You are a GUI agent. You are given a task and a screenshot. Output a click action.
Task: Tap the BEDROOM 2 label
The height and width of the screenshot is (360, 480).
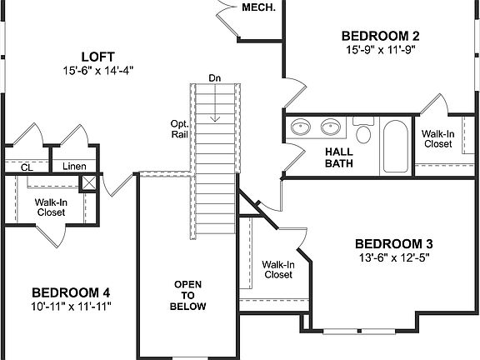coord(380,35)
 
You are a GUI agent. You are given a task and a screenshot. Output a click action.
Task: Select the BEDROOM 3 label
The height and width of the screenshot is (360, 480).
coord(393,243)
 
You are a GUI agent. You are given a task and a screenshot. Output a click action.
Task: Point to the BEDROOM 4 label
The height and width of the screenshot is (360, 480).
coord(71,292)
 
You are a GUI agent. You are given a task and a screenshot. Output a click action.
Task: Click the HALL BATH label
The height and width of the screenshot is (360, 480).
coord(339,157)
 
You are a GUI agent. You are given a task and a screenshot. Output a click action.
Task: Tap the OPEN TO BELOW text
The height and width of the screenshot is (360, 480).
coord(188,295)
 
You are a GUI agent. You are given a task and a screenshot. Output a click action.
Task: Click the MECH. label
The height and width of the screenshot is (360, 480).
coord(259,7)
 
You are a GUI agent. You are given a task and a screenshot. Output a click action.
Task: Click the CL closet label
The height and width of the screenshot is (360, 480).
coord(27,167)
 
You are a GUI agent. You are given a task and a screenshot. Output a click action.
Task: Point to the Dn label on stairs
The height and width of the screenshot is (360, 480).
coord(215,78)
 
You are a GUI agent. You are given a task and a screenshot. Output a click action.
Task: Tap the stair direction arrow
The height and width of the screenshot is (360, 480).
coord(215,105)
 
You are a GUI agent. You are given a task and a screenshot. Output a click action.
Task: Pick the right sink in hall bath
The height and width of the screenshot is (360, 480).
coord(330,127)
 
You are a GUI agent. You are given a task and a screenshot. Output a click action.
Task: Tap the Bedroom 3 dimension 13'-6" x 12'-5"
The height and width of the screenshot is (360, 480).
coord(393,257)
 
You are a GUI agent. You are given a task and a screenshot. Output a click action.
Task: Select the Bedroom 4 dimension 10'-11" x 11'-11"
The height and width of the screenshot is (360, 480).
coord(71,307)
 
